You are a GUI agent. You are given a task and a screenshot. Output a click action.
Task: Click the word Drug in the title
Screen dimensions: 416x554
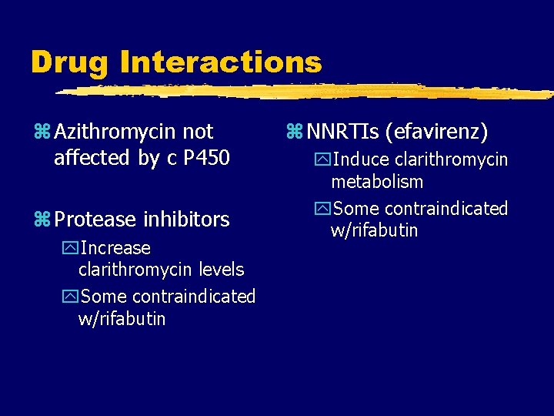(x=70, y=62)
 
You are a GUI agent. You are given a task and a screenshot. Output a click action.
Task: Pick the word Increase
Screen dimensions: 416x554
(x=115, y=248)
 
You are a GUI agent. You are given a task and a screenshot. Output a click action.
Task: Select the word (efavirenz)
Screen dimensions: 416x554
(x=439, y=133)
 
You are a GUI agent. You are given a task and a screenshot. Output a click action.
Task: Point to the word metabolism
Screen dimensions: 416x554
(x=377, y=182)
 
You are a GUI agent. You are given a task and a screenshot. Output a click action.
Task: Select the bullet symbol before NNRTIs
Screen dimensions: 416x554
(x=294, y=133)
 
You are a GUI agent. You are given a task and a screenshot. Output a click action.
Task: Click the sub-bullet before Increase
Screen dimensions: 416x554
(x=71, y=249)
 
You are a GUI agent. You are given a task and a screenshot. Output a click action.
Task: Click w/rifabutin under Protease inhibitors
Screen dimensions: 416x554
(x=122, y=318)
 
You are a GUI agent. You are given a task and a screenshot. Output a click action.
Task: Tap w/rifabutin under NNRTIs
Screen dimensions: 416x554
(x=375, y=230)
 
